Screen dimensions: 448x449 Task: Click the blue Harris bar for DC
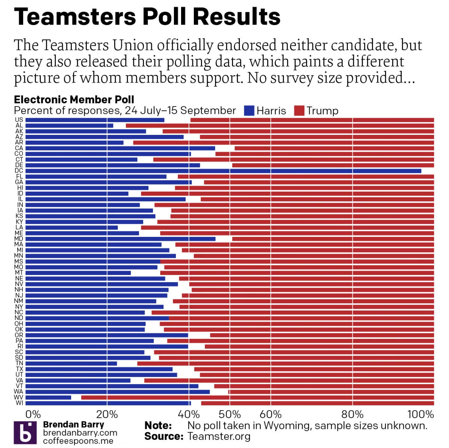coord(223,171)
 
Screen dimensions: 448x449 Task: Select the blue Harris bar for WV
coord(48,397)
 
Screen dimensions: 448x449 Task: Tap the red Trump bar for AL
coord(280,126)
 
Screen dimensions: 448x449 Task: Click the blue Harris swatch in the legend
coord(249,111)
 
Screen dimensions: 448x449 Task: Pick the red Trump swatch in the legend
coord(299,111)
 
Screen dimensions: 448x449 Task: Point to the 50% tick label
coord(230,414)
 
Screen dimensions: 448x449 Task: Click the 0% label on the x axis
coord(33,414)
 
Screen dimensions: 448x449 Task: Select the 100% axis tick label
coord(421,414)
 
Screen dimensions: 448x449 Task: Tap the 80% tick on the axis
coord(352,414)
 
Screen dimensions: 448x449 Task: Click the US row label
coord(19,120)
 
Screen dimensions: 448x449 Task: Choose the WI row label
coord(19,403)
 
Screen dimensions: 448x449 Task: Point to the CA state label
coord(19,148)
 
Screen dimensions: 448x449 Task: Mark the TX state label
coord(19,369)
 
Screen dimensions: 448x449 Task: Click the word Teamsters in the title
coord(75,17)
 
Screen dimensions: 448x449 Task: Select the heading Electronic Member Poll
coord(74,100)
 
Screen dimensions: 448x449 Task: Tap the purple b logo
coord(25,433)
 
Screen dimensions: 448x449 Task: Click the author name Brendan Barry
coord(74,425)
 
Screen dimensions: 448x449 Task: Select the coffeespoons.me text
coord(78,441)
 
